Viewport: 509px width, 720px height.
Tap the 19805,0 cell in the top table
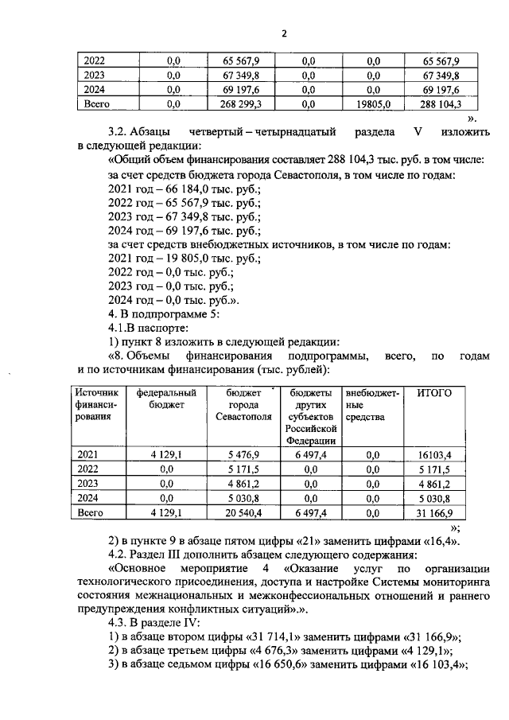[x=373, y=103]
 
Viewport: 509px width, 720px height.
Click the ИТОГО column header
[x=433, y=393]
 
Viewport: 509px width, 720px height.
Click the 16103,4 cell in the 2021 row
[x=434, y=453]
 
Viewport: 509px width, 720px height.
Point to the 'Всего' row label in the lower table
[x=92, y=513]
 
